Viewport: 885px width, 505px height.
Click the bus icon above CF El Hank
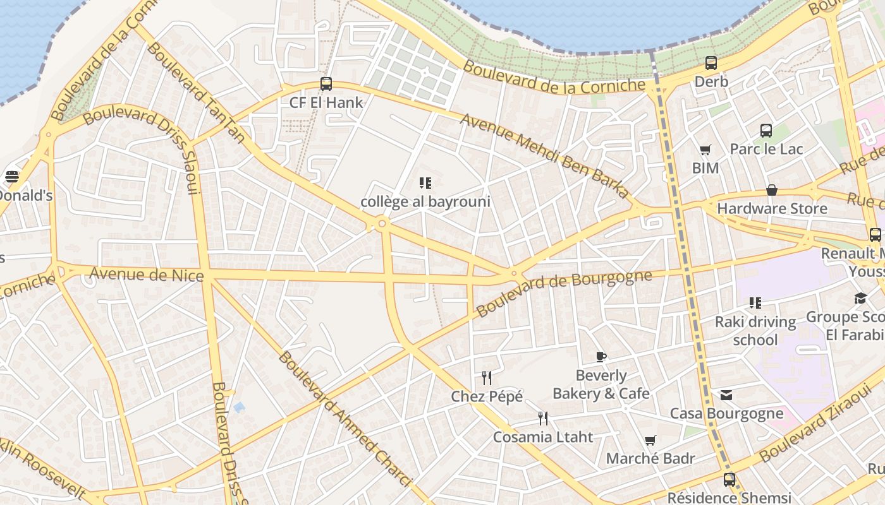click(x=326, y=83)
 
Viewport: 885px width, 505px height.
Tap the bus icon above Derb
click(x=711, y=62)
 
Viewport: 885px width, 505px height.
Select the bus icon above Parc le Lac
click(x=766, y=131)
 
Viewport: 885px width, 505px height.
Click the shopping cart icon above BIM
click(x=705, y=150)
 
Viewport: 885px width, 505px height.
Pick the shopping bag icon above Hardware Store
click(x=772, y=190)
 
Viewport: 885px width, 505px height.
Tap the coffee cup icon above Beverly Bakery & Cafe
click(x=601, y=357)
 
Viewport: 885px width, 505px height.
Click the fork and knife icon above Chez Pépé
click(x=487, y=377)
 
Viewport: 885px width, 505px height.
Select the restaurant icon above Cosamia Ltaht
click(x=543, y=418)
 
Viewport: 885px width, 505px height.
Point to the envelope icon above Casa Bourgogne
click(x=726, y=395)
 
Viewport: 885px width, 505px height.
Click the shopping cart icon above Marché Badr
click(x=650, y=440)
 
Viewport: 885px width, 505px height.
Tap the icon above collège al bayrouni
click(x=425, y=183)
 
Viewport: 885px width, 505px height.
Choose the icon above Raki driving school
click(x=755, y=303)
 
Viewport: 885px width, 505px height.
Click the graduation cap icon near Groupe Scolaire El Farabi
click(x=860, y=298)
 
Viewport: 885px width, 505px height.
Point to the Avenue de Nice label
click(x=147, y=275)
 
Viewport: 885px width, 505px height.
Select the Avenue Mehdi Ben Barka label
click(x=544, y=155)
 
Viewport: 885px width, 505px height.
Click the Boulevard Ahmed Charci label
click(x=345, y=420)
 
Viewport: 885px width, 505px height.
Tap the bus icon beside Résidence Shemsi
click(x=729, y=480)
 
